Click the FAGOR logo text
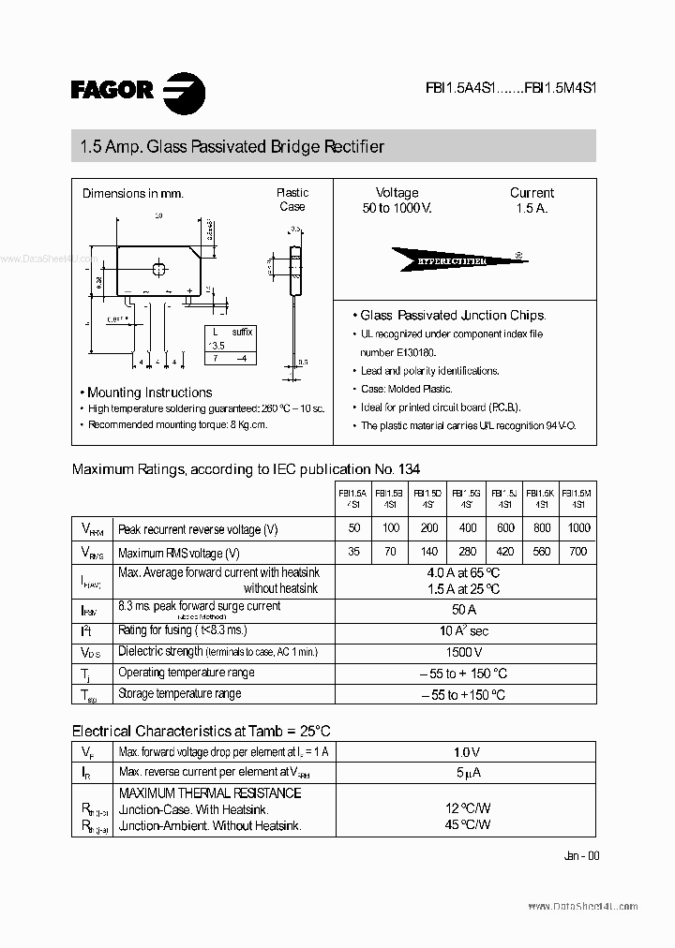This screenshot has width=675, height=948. [112, 89]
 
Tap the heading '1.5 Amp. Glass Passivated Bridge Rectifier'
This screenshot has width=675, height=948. [232, 147]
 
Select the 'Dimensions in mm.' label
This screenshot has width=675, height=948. [133, 194]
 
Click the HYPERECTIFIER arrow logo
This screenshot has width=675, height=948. [454, 259]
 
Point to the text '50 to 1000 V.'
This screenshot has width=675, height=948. [397, 208]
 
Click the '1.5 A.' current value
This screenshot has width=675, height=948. [532, 208]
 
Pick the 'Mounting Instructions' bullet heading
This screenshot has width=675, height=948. [149, 393]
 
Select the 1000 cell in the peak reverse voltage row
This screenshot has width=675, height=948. [578, 528]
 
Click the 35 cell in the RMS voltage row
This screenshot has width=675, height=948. [353, 552]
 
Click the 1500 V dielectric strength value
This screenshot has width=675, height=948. [465, 652]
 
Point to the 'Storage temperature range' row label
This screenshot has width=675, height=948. [179, 694]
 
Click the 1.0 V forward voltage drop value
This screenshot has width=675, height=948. [465, 752]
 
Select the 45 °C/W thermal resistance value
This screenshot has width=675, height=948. [467, 825]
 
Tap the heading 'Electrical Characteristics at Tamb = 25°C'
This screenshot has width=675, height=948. [202, 731]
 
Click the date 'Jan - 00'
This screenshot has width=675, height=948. [581, 856]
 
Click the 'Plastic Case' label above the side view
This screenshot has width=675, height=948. [292, 200]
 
